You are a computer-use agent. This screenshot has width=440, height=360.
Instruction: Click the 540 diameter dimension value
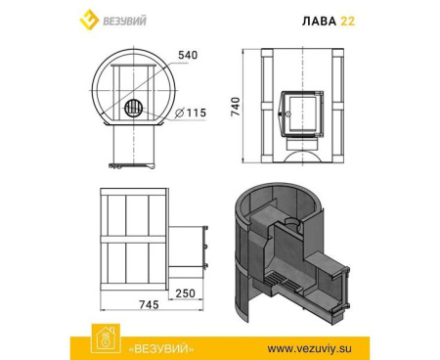pos(188,55)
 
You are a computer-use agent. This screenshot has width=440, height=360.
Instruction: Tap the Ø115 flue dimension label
pos(191,112)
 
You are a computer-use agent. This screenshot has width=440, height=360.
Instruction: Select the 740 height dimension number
pos(236,107)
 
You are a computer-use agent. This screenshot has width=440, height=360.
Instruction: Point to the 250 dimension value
pos(186,293)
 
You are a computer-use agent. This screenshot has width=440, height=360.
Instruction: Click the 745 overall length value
pos(149,304)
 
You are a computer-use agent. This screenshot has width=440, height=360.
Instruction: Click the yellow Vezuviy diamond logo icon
pos(89,20)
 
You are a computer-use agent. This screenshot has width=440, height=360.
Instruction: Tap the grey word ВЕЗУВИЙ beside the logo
pos(124,22)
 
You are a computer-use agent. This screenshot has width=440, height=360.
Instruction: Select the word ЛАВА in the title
pos(319,22)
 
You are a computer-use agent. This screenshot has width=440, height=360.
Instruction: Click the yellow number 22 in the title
pos(348,22)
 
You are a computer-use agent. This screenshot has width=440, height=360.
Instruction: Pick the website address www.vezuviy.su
pos(310,348)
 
